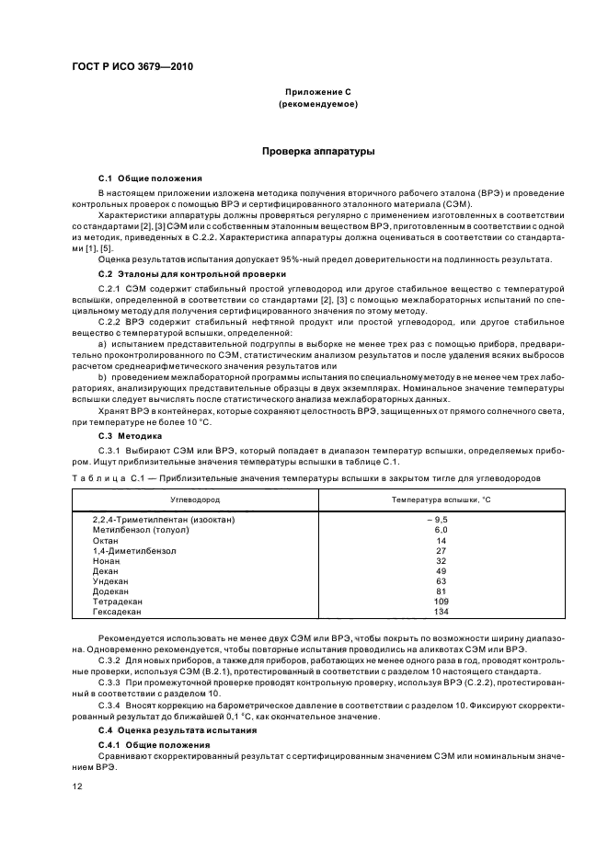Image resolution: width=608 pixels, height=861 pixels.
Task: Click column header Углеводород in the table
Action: pos(195,498)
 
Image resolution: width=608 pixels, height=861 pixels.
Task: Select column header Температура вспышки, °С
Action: pos(441,498)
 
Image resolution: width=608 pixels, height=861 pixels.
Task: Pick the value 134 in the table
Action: pos(441,611)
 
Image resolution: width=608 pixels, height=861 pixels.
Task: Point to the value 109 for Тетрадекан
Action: pos(441,601)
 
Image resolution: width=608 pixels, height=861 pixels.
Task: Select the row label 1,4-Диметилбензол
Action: pos(133,550)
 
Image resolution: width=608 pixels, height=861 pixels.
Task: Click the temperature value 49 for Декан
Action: pos(441,570)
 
